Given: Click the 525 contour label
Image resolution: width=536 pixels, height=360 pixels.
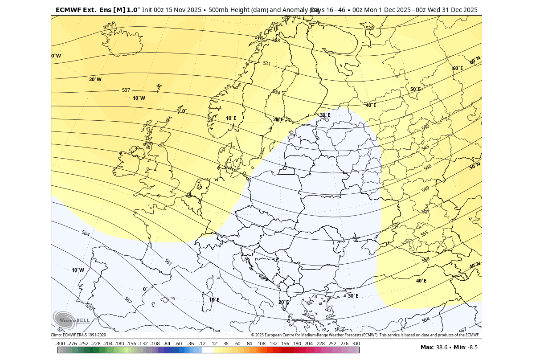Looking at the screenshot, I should tap(370, 28).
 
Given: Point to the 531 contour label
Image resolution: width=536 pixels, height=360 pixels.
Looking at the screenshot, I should tap(266, 64).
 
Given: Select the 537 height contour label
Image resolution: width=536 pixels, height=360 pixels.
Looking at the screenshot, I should tap(126, 90).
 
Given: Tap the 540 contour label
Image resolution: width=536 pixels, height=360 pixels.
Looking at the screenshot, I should tap(426, 127).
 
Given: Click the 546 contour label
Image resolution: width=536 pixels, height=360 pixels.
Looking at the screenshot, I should tap(428, 168).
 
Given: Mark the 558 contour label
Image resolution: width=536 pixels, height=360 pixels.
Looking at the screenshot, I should tap(426, 259).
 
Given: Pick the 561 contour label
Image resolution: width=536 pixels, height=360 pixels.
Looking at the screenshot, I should tap(168, 262).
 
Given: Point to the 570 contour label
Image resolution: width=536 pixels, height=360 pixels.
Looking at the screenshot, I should tap(89, 307).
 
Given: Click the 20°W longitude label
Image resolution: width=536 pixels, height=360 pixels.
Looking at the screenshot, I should tap(95, 79).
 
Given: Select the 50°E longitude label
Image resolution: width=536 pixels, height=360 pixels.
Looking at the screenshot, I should tap(415, 89).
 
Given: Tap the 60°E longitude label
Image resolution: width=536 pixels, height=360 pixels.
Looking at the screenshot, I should tap(458, 68).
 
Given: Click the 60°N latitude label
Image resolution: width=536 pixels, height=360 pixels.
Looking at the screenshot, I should tap(475, 60).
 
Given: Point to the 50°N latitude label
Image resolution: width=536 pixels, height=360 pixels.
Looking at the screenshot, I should tap(475, 166).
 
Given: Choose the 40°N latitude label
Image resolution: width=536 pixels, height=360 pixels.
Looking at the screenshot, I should tap(475, 266).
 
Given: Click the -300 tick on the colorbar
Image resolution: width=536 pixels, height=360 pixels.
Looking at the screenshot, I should tap(60, 344).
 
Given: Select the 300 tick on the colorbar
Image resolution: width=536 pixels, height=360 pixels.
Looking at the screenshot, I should tap(356, 344).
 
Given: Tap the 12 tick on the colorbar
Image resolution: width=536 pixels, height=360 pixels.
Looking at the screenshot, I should tap(214, 344).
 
